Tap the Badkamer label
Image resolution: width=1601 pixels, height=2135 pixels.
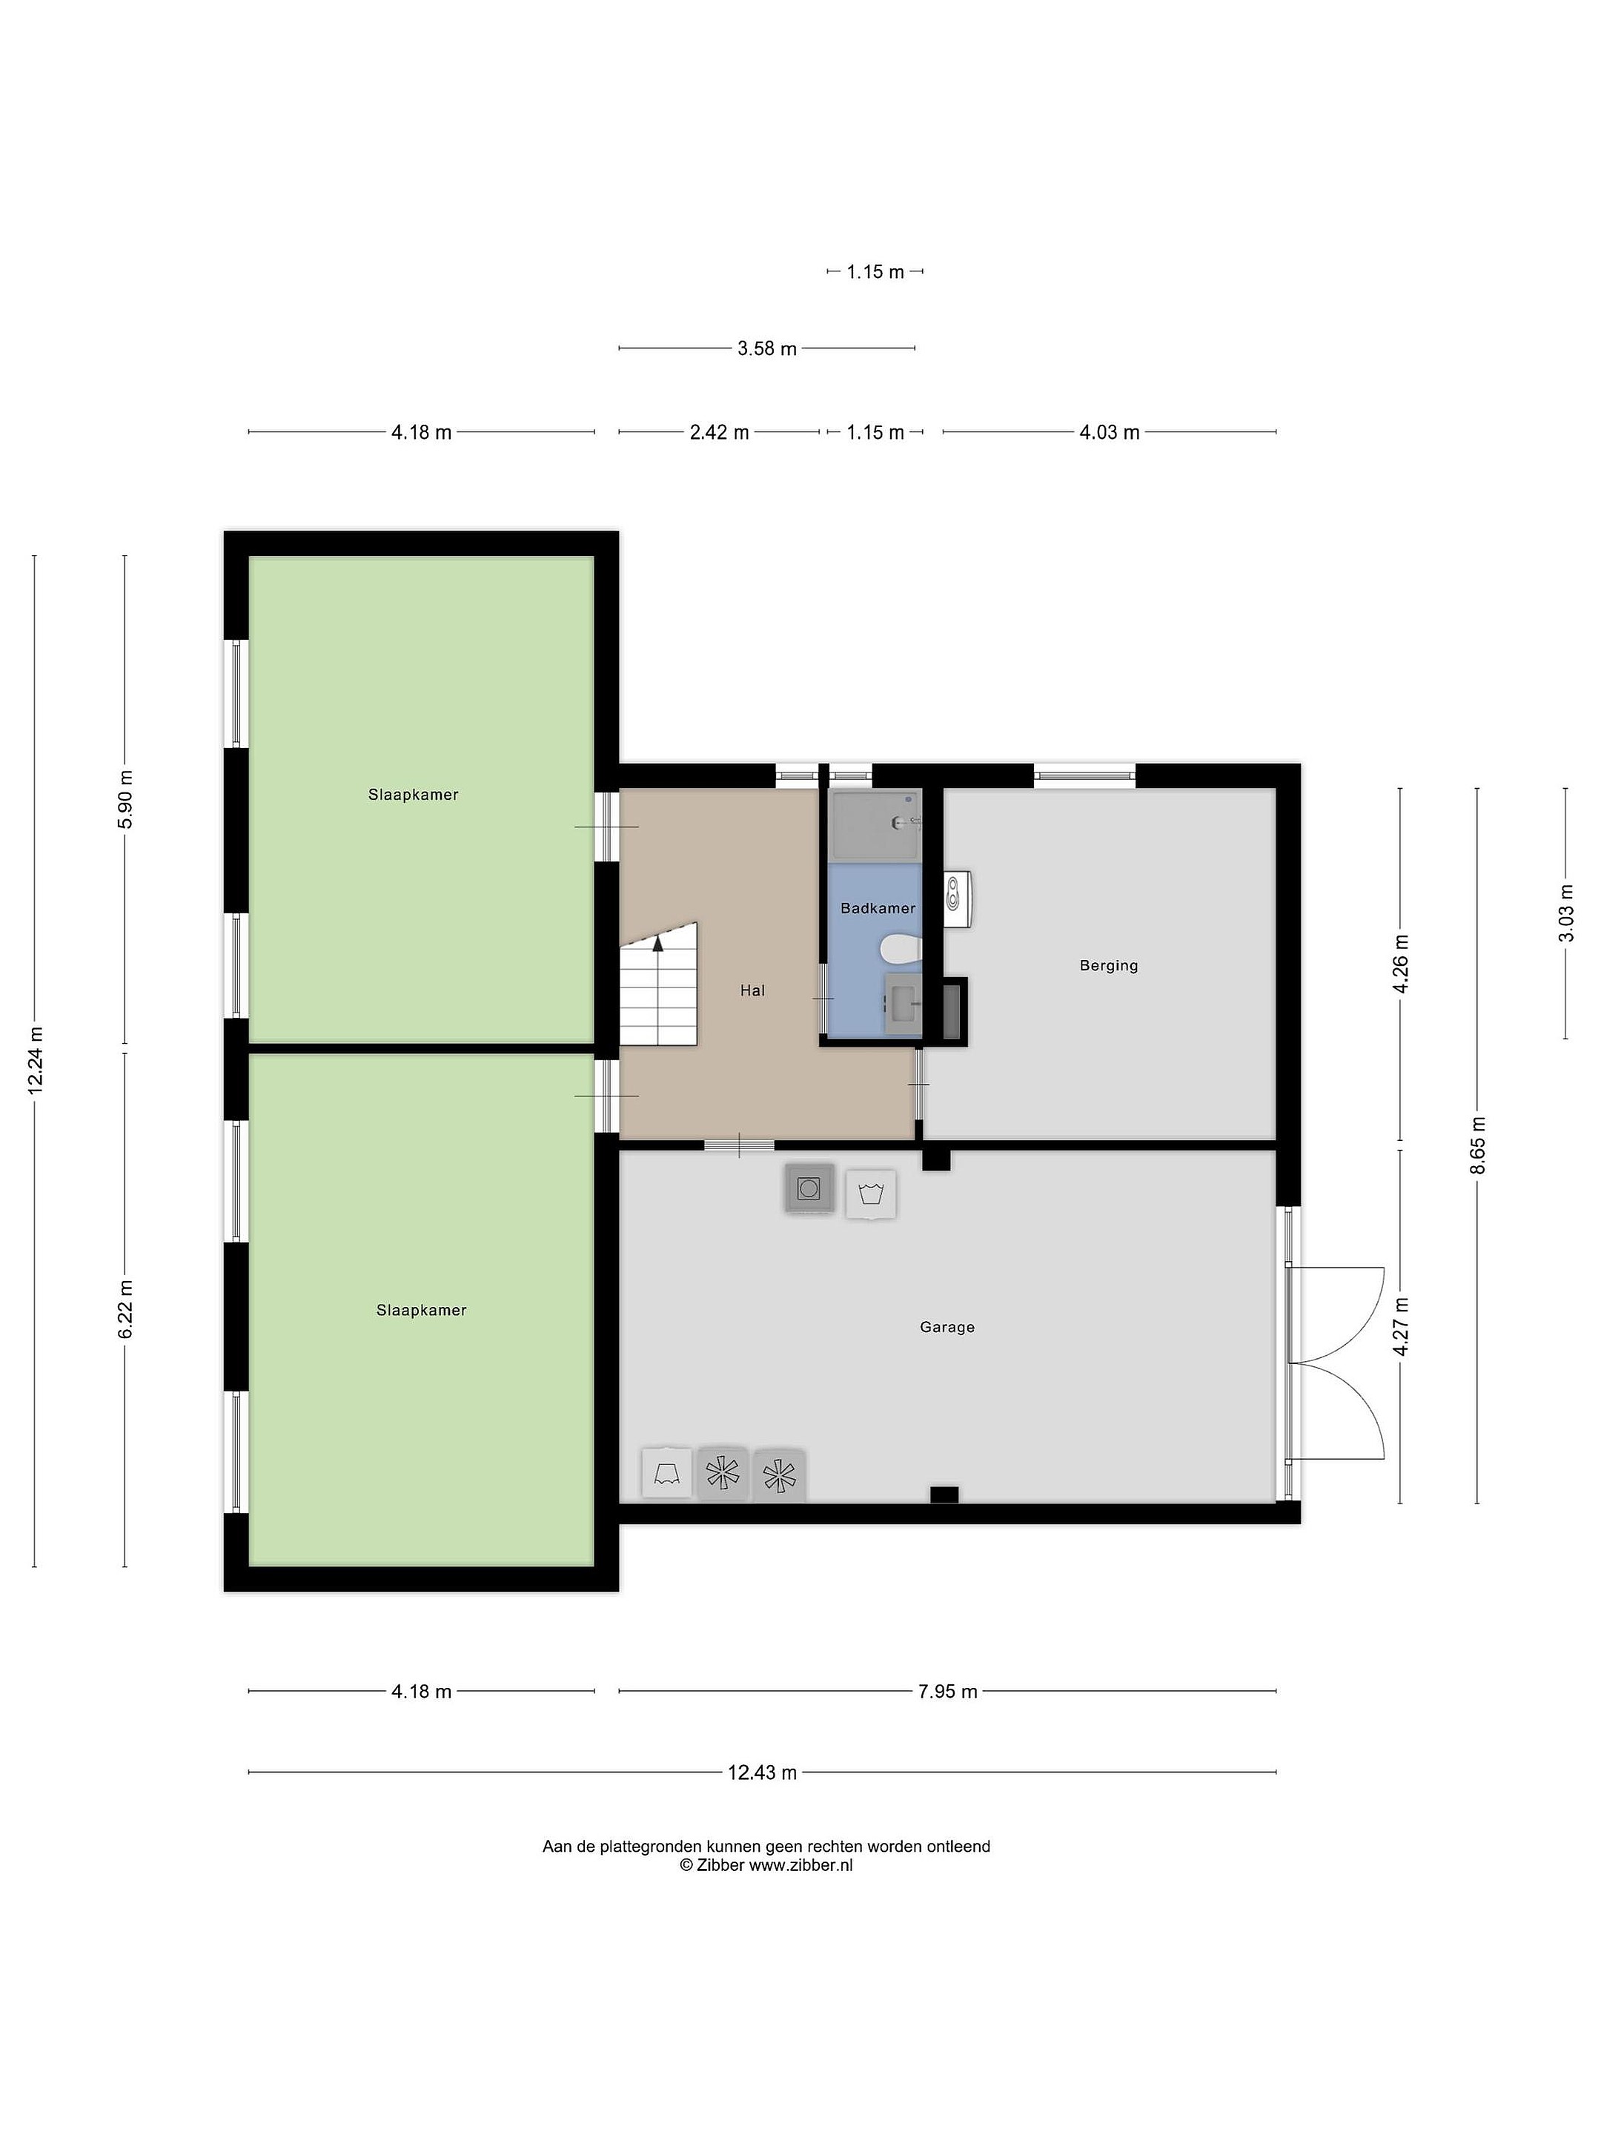(x=878, y=908)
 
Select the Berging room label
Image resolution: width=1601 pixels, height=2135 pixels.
(x=1109, y=965)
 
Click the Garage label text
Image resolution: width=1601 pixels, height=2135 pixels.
(x=947, y=1327)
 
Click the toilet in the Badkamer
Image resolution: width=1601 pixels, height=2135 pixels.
(x=901, y=950)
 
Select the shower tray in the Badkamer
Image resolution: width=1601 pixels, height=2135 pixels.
(x=876, y=825)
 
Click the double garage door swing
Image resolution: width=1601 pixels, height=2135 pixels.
(x=1336, y=1362)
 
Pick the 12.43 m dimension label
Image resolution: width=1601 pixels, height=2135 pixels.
(x=763, y=1772)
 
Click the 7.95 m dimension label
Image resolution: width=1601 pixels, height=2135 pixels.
(x=948, y=1691)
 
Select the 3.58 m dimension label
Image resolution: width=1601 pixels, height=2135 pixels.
(x=767, y=348)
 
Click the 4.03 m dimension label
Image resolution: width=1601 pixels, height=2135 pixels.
(x=1109, y=432)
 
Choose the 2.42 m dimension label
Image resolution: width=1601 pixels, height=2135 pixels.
(x=719, y=432)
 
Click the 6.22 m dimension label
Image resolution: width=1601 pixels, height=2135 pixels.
(x=125, y=1308)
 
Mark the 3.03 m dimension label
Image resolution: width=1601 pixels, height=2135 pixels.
(x=1565, y=913)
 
